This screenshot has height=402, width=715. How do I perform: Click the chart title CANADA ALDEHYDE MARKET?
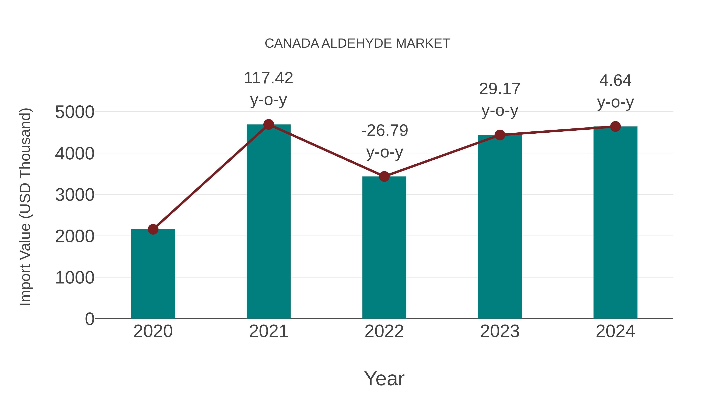357,43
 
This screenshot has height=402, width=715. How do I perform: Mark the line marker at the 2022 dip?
384,176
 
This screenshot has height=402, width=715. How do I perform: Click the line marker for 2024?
615,126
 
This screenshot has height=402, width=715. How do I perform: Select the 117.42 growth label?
268,78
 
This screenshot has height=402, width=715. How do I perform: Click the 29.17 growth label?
500,89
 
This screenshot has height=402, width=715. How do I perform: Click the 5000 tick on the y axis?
75,112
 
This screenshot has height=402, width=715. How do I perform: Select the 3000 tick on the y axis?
75,195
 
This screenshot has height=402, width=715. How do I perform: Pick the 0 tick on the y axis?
89,319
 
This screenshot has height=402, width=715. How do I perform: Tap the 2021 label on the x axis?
268,331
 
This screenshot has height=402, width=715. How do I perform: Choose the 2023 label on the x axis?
500,331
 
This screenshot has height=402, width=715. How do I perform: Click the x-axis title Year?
384,378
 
